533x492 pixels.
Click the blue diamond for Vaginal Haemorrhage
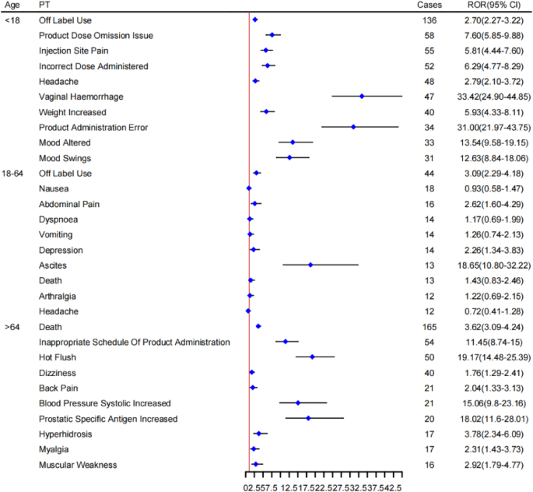tap(362, 97)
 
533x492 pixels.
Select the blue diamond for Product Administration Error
tap(354, 127)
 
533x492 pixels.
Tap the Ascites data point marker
tap(310, 265)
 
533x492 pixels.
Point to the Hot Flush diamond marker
tap(312, 357)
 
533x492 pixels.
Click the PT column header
tap(44, 5)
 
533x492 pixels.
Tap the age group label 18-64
tap(16, 173)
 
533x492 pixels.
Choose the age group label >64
tap(12, 327)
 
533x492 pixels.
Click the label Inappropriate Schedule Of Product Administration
tap(135, 342)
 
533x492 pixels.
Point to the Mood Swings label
tap(65, 158)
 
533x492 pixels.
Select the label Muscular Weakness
tap(78, 465)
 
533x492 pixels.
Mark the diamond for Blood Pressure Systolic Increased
tap(298, 403)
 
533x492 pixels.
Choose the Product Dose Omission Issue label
tap(96, 35)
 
